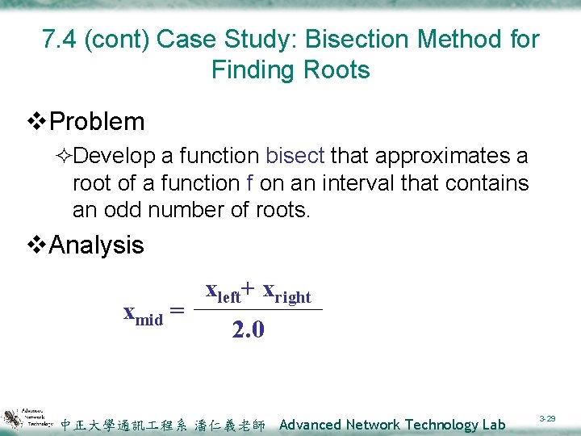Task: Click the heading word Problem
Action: (x=97, y=122)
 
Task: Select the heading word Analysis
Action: (x=97, y=245)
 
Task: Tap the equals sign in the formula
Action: (x=178, y=311)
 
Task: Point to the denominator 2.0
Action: (x=248, y=330)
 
